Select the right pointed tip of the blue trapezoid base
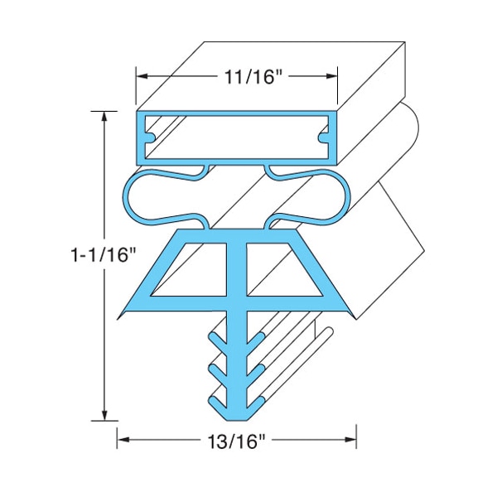click(356, 316)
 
